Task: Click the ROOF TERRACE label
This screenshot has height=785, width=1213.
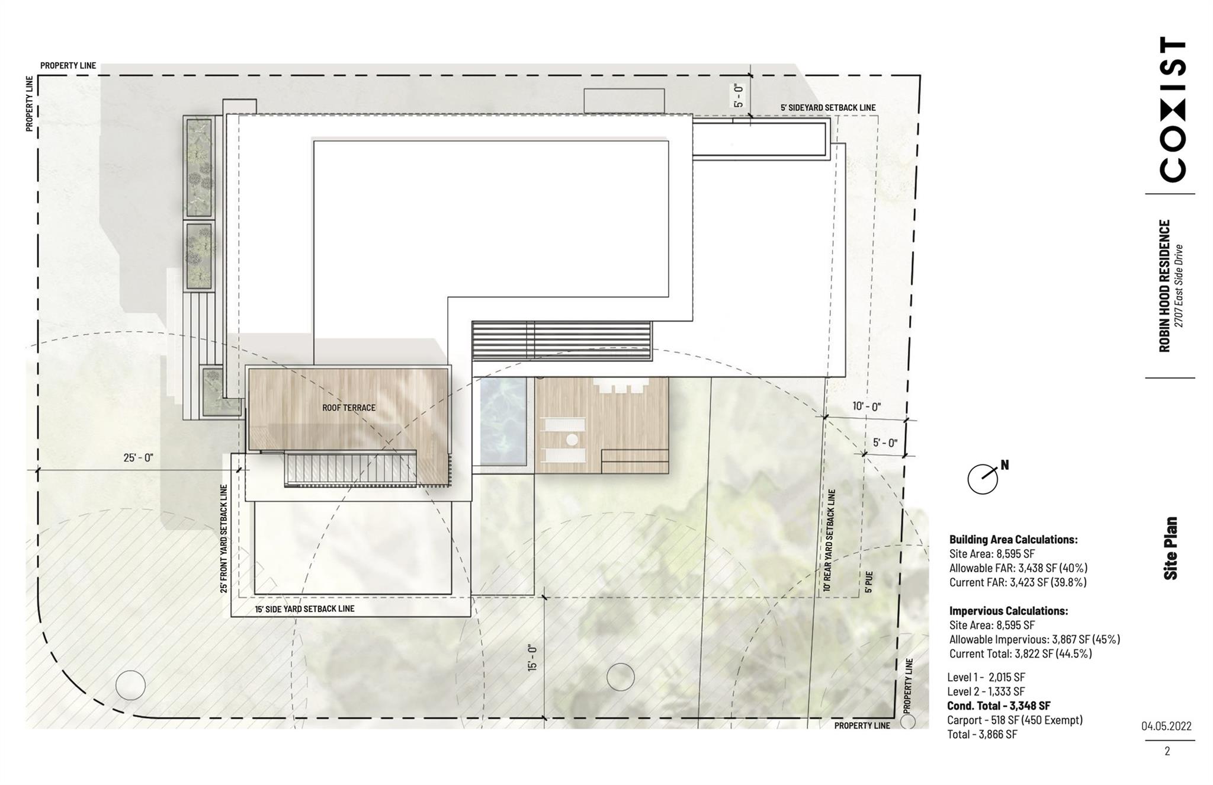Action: pos(348,408)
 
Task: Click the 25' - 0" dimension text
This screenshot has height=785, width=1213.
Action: pos(138,457)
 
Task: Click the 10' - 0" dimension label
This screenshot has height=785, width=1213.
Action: pos(867,406)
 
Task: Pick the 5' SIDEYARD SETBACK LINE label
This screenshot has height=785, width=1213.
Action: pos(827,107)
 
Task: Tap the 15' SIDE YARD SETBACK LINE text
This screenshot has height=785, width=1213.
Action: pos(304,608)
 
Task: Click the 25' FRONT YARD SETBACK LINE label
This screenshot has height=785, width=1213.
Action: pos(224,539)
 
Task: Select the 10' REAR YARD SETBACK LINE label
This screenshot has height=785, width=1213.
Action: pos(830,540)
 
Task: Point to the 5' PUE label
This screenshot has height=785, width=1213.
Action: pos(868,582)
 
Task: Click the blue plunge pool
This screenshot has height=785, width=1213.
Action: pos(503,422)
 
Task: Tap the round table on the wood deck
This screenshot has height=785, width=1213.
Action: pos(572,440)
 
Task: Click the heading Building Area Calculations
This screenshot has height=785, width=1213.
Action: pos(1013,540)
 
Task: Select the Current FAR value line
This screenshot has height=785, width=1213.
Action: pos(1018,582)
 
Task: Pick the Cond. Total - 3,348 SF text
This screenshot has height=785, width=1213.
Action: pos(999,706)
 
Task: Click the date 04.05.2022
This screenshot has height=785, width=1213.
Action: pos(1166,726)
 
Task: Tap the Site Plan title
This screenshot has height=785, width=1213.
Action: pos(1170,548)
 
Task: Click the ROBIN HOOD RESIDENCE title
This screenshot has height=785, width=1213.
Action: pos(1164,286)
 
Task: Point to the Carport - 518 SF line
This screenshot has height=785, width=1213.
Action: pos(1015,720)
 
